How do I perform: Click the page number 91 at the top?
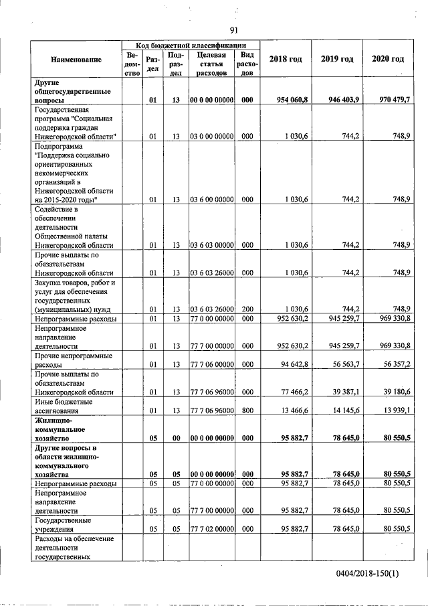[233, 29]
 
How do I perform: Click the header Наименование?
[76, 60]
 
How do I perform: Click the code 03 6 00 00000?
[211, 199]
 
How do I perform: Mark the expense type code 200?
[247, 308]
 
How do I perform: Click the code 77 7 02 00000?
[211, 528]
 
